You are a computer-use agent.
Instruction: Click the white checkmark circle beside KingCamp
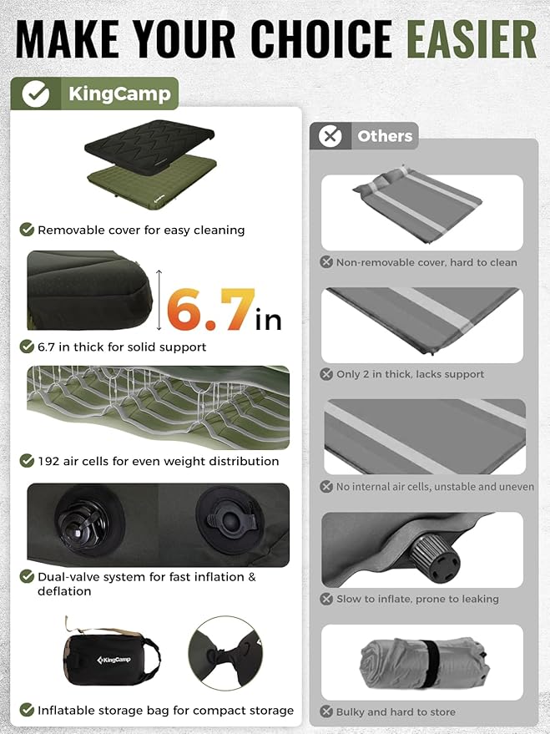tap(35, 94)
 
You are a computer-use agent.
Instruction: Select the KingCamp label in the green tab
tap(119, 94)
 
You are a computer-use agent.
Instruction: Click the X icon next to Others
tap(331, 136)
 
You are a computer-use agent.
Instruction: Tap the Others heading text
tap(385, 136)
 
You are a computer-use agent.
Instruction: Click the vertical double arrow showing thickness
tap(157, 297)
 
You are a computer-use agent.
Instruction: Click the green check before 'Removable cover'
tap(27, 230)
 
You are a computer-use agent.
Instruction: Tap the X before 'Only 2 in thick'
tap(327, 374)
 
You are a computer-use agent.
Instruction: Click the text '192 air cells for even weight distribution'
tap(159, 461)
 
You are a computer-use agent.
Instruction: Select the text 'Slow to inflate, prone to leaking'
tap(417, 599)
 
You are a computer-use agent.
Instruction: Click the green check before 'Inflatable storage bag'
tap(27, 710)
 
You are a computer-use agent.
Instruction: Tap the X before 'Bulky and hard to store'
tap(327, 712)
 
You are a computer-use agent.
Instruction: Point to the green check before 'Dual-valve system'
tap(27, 576)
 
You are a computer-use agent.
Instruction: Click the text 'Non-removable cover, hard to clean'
tap(426, 262)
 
